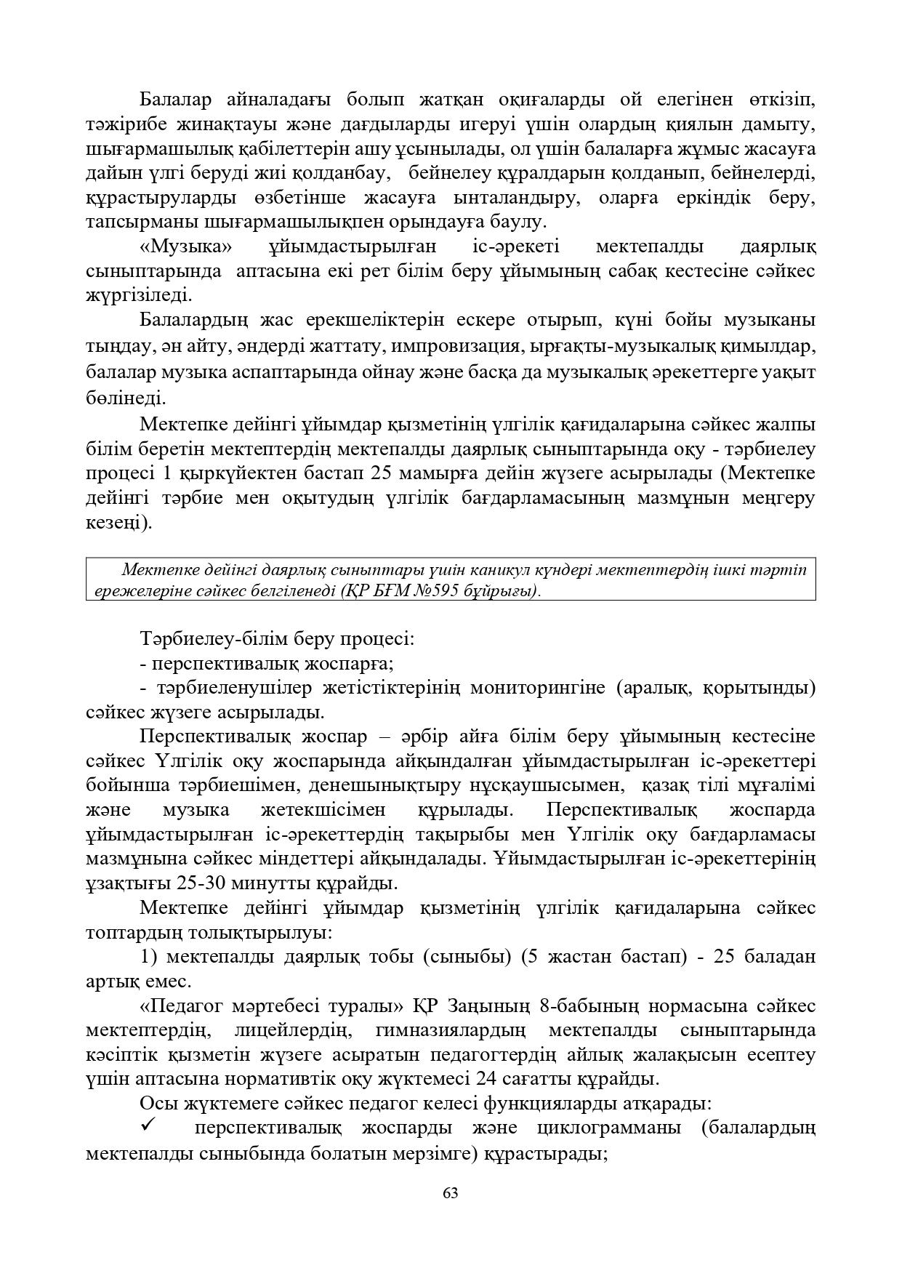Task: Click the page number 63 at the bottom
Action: (x=450, y=1192)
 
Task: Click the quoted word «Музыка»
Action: (x=185, y=246)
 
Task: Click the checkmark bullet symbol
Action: (x=148, y=1125)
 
